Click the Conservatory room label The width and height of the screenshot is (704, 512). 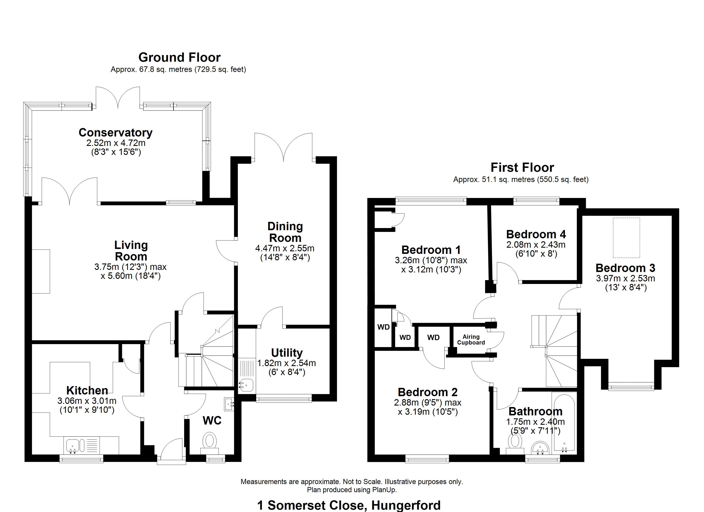coord(115,132)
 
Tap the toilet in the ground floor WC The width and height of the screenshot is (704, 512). coord(210,441)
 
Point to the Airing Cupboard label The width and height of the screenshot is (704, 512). coord(471,340)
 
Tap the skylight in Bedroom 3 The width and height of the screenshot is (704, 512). coord(626,237)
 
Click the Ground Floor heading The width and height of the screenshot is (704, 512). coord(179,57)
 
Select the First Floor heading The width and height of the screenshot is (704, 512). coord(522,168)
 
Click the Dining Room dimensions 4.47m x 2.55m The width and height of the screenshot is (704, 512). coord(285,248)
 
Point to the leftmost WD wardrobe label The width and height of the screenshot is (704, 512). coord(383,327)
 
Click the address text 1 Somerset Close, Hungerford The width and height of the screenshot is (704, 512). coord(349,505)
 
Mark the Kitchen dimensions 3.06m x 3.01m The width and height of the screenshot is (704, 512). coord(87,401)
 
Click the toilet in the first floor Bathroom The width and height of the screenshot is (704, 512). coord(515,442)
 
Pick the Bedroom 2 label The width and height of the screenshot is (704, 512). coord(428,392)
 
